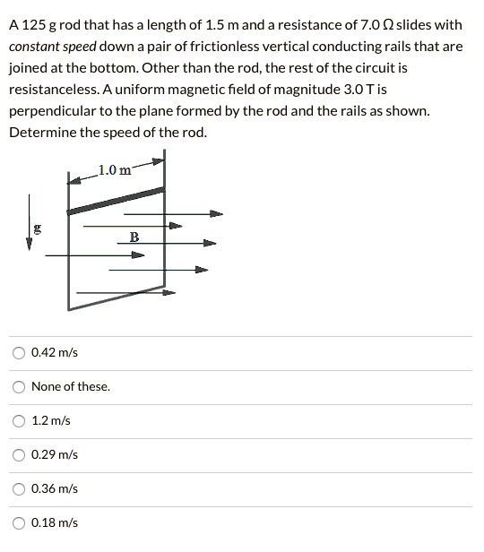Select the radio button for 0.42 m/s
tap(19, 352)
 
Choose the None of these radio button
tap(19, 386)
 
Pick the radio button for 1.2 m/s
tap(19, 420)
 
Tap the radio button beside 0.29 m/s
tap(19, 454)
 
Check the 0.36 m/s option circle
tap(19, 488)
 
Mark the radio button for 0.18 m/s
tap(19, 522)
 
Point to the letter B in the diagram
tap(134, 237)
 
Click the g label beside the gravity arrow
tap(37, 229)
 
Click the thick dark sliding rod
tap(117, 201)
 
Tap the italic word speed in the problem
tap(82, 47)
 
